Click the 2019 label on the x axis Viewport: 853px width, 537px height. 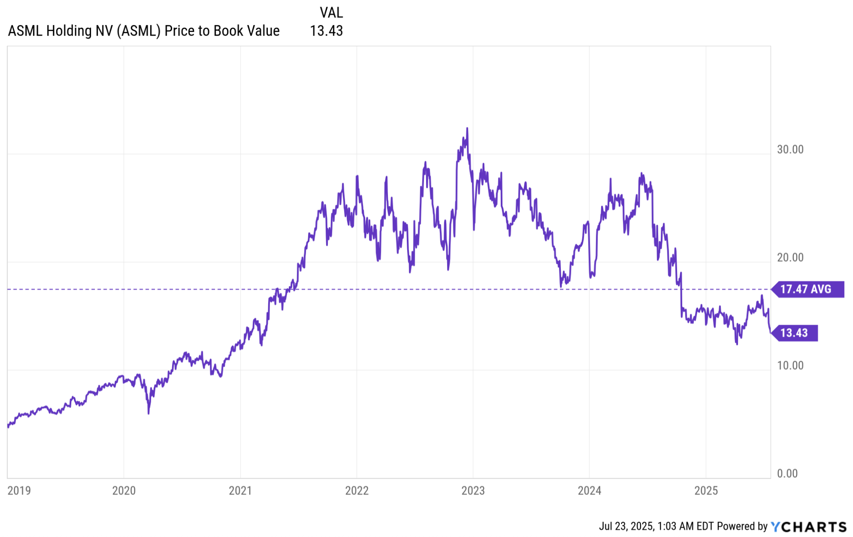point(19,490)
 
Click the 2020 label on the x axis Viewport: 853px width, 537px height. point(124,490)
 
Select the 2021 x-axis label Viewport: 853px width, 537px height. point(240,490)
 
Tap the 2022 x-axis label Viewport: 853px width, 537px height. point(356,490)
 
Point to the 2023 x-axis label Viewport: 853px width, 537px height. point(473,490)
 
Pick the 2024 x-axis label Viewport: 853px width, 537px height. point(589,490)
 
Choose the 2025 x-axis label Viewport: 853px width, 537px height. point(706,490)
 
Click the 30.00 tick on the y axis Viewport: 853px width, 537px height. point(790,149)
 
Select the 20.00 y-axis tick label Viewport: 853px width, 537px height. point(790,258)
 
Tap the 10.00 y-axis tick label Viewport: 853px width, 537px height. point(790,365)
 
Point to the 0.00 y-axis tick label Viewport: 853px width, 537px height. point(787,474)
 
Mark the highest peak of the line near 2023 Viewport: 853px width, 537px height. point(467,128)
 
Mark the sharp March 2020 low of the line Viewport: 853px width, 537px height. point(149,413)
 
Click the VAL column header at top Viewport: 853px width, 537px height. point(331,13)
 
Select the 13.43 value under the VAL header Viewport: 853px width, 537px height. point(326,31)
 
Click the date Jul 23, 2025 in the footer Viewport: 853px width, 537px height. point(626,527)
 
